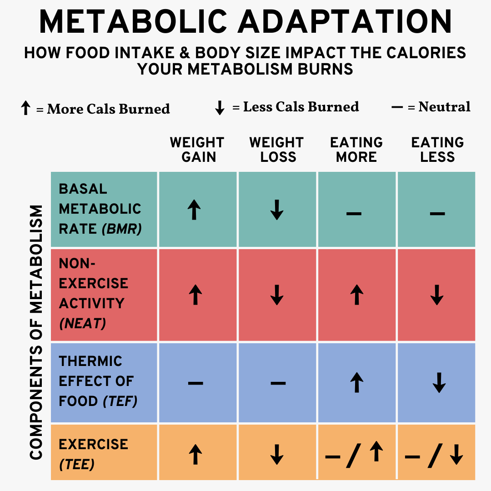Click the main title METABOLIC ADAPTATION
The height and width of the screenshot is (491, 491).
[245, 22]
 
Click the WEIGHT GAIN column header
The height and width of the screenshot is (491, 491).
[197, 150]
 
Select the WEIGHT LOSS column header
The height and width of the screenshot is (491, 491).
[276, 150]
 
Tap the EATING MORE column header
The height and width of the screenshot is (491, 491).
[356, 150]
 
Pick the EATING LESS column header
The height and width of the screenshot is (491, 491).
[437, 150]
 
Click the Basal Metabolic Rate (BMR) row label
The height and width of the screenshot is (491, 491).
[100, 209]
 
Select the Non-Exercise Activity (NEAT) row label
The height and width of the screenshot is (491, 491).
[93, 293]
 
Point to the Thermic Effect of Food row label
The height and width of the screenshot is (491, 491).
[98, 381]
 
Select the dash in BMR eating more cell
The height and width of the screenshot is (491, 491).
[354, 212]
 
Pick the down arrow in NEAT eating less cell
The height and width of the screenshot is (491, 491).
[437, 295]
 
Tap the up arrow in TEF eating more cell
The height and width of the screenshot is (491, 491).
[357, 382]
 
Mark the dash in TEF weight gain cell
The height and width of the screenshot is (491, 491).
[195, 383]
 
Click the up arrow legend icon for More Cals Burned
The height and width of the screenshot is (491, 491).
[26, 108]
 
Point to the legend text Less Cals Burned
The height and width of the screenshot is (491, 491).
[301, 107]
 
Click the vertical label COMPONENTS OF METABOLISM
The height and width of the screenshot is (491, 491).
[36, 332]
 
